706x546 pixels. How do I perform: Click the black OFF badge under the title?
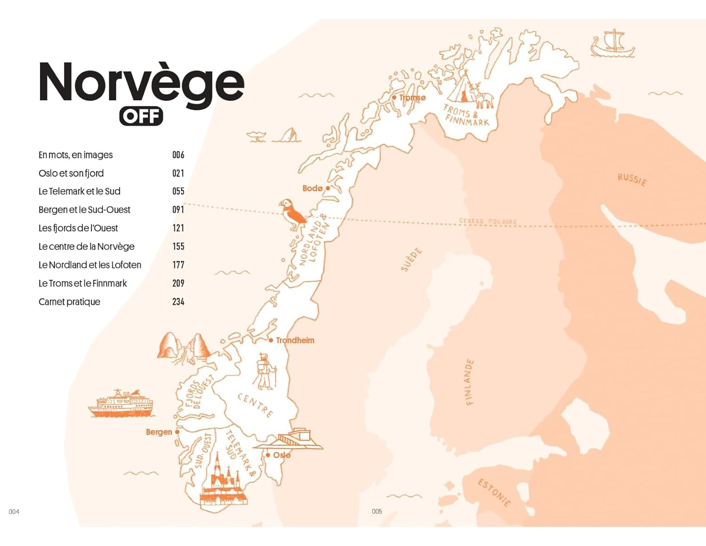tap(141, 116)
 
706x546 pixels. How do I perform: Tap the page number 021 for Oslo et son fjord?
tap(178, 173)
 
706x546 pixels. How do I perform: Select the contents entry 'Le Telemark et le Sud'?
tap(80, 191)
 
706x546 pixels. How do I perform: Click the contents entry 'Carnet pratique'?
tap(69, 302)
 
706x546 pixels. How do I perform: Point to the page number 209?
tap(178, 283)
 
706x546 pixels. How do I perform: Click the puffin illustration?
tap(292, 214)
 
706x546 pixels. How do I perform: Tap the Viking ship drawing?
tap(612, 43)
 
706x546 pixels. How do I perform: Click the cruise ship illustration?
tap(120, 404)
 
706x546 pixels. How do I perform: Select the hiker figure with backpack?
tap(265, 371)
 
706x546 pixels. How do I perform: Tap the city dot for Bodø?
tap(328, 188)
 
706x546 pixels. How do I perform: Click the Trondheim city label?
tap(295, 340)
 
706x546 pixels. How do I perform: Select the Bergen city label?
tap(159, 432)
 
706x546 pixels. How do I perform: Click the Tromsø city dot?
tap(394, 98)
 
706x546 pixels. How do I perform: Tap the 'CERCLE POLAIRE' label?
tap(488, 221)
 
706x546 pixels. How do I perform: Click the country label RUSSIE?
tap(632, 179)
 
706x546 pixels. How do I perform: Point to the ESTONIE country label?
tap(494, 492)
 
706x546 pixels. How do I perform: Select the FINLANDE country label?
tap(469, 382)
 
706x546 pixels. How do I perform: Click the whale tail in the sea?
tap(257, 137)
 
